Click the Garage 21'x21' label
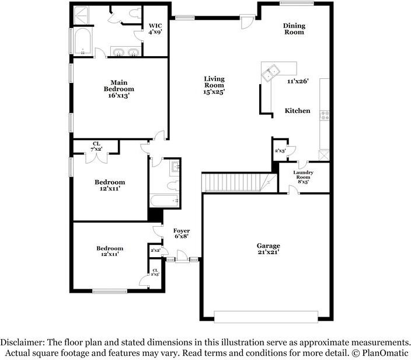pos(268,249)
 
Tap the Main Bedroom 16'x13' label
pos(119,89)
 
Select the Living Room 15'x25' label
pos(214,85)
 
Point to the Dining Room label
pos(294,29)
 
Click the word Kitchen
pos(297,110)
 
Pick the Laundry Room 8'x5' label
pos(303,176)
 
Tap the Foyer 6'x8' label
pos(182,233)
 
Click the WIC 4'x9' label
pos(155,29)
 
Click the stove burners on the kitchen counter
pos(325,116)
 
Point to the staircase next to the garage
pos(239,182)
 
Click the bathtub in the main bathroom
pos(82,41)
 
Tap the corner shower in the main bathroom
pos(81,15)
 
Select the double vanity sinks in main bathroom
pos(126,51)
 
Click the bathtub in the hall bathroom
pos(165,200)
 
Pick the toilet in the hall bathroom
pos(173,186)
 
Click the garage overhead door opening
pos(266,317)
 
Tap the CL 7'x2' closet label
pos(96,147)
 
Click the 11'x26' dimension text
pos(298,81)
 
